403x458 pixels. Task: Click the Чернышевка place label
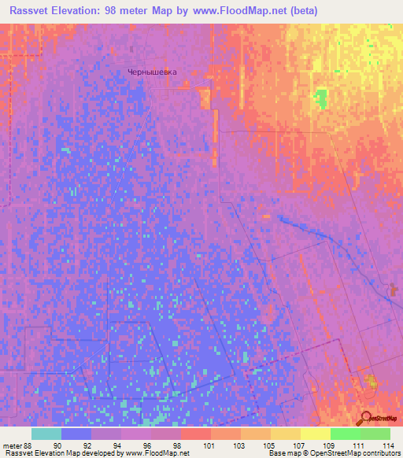[x=153, y=72]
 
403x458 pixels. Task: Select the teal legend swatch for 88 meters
[x=46, y=434]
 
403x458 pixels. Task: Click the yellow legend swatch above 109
[x=316, y=434]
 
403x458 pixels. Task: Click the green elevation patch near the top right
[x=320, y=99]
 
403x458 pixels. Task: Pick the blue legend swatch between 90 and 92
[x=76, y=434]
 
